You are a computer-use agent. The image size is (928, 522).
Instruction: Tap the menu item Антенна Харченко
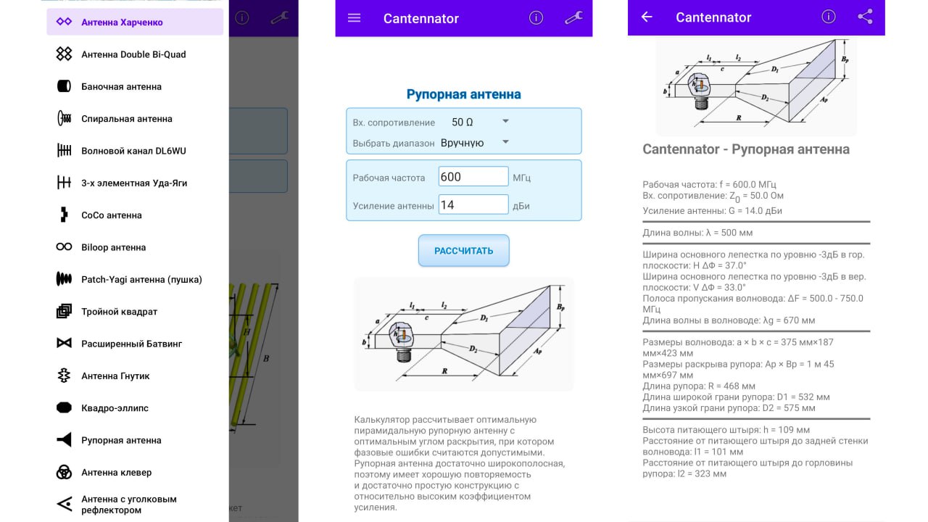(122, 22)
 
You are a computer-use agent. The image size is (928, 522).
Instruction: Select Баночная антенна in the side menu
(121, 87)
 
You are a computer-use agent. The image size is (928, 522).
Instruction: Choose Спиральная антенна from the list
(126, 119)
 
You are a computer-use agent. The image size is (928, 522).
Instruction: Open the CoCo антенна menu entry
(111, 215)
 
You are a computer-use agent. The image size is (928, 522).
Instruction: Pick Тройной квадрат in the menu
(119, 312)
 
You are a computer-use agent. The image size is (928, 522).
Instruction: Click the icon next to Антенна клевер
(64, 473)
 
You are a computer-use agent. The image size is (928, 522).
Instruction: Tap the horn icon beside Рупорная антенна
(64, 440)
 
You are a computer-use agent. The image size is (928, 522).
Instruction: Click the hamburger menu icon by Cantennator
(354, 18)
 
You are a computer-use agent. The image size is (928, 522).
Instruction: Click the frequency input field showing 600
(473, 177)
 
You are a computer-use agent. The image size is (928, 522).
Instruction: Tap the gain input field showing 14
(473, 205)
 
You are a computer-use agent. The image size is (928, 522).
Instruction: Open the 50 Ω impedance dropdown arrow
(506, 122)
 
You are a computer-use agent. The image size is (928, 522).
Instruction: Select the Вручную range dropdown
(475, 143)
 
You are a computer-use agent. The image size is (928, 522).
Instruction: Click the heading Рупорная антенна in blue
(463, 94)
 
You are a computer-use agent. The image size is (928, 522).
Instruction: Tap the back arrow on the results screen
(647, 17)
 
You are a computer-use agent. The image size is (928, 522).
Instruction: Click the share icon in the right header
(865, 17)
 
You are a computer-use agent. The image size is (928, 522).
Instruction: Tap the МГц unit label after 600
(521, 178)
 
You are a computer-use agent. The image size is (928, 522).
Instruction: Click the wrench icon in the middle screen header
(573, 18)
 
